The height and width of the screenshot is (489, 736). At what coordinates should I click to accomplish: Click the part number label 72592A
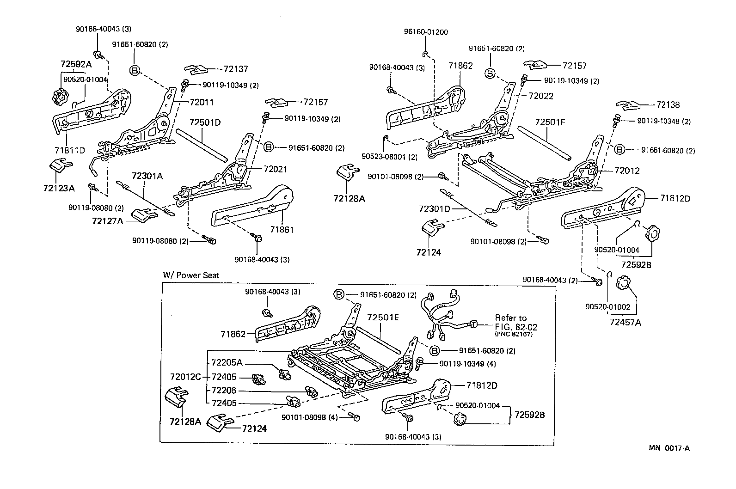(x=76, y=64)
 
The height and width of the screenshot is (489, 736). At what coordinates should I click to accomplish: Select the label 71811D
(x=70, y=150)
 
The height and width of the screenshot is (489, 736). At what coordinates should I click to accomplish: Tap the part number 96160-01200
(x=426, y=32)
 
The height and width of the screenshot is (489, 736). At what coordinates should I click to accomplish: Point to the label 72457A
(x=625, y=322)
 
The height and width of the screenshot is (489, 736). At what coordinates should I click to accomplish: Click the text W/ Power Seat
(x=191, y=275)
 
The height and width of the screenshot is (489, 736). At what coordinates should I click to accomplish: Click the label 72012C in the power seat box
(x=185, y=376)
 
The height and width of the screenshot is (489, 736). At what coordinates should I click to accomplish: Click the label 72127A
(x=107, y=221)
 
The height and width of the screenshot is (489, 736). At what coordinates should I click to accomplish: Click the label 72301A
(x=147, y=176)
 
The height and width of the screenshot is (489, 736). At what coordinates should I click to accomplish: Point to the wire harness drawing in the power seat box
(x=444, y=314)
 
